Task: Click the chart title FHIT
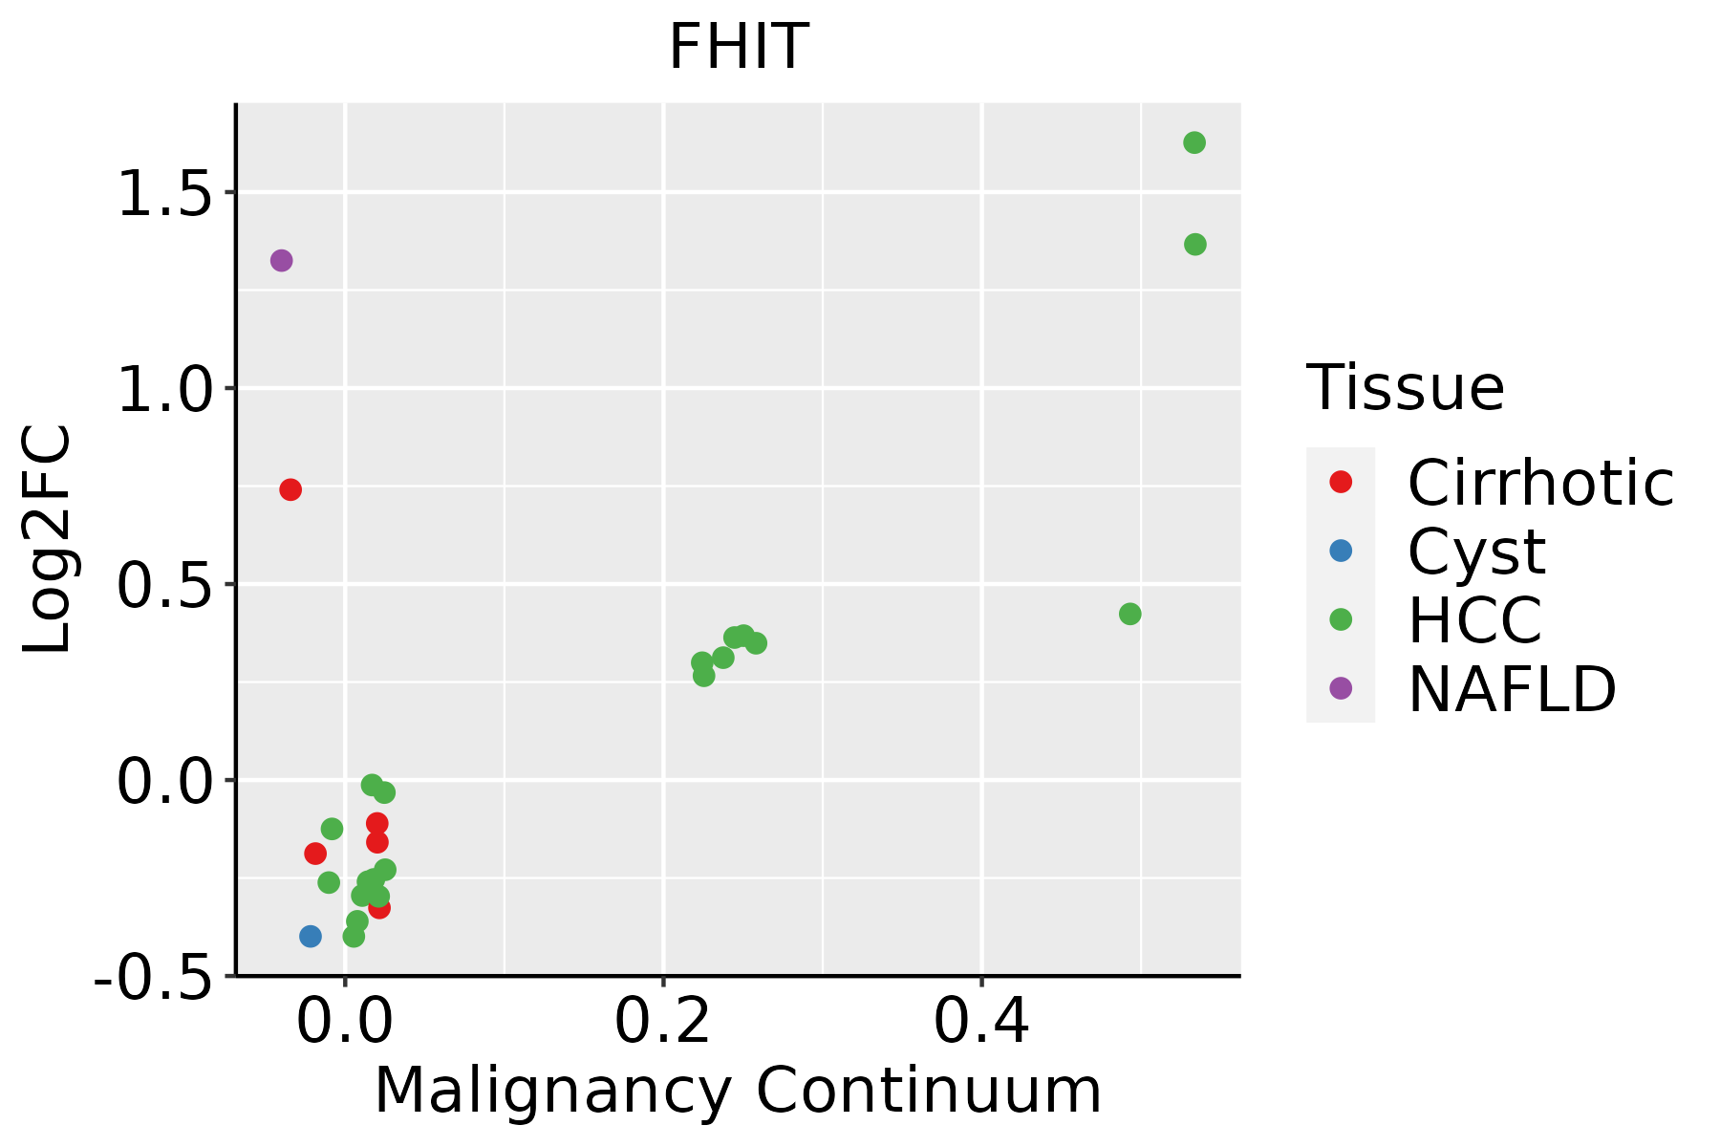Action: coord(738,46)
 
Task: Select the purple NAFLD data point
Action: coord(281,260)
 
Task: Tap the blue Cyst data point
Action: coord(310,936)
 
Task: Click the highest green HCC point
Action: coord(1194,142)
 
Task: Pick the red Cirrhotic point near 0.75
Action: coord(290,489)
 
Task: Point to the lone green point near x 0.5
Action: coord(1129,614)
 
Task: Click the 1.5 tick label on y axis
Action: coord(162,194)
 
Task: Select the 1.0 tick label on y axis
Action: coord(162,390)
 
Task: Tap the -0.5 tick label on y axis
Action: coord(153,977)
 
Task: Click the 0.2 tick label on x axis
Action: coord(662,1022)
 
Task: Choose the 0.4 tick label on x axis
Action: coord(981,1022)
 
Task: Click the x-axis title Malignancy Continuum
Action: coord(738,1090)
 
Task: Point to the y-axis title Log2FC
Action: coord(48,540)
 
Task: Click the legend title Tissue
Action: coord(1405,388)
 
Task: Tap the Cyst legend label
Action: coord(1476,552)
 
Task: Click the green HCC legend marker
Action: coord(1341,619)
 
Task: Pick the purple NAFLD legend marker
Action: coord(1341,688)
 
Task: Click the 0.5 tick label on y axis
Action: coord(162,586)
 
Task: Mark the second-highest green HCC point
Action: coord(1194,245)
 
